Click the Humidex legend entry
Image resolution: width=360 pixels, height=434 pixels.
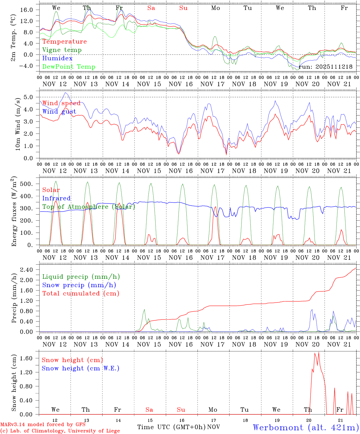click(x=57, y=58)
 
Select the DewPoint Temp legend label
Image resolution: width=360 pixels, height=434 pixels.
click(x=69, y=67)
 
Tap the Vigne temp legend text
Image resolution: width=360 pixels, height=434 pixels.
click(x=62, y=50)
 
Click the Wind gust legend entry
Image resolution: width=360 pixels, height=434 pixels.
click(x=59, y=112)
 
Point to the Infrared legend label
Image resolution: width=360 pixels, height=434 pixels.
click(x=56, y=198)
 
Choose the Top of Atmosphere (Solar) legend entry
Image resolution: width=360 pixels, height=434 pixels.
click(x=89, y=207)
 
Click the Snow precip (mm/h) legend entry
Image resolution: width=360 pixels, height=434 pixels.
click(x=79, y=285)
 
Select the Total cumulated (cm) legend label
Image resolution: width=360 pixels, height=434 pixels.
click(x=81, y=294)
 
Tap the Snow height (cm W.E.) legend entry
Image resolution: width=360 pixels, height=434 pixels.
click(x=81, y=368)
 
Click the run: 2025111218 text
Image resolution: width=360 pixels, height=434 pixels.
click(x=325, y=67)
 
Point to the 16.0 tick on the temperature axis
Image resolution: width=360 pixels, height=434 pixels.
click(x=27, y=10)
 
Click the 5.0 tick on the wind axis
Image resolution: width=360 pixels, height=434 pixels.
click(x=28, y=97)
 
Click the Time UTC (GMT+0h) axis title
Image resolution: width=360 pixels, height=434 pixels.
click(x=171, y=427)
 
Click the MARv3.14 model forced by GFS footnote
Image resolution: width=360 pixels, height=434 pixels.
click(x=43, y=425)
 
